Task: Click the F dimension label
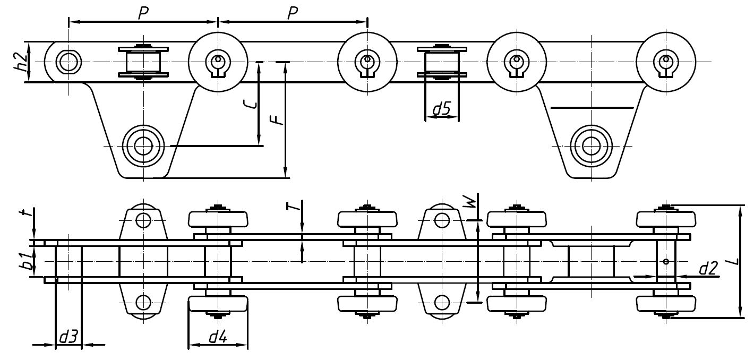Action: click(277, 121)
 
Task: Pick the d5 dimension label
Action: click(441, 109)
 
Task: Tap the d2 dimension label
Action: click(708, 269)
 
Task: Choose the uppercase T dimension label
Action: click(295, 206)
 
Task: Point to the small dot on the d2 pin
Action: click(666, 261)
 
